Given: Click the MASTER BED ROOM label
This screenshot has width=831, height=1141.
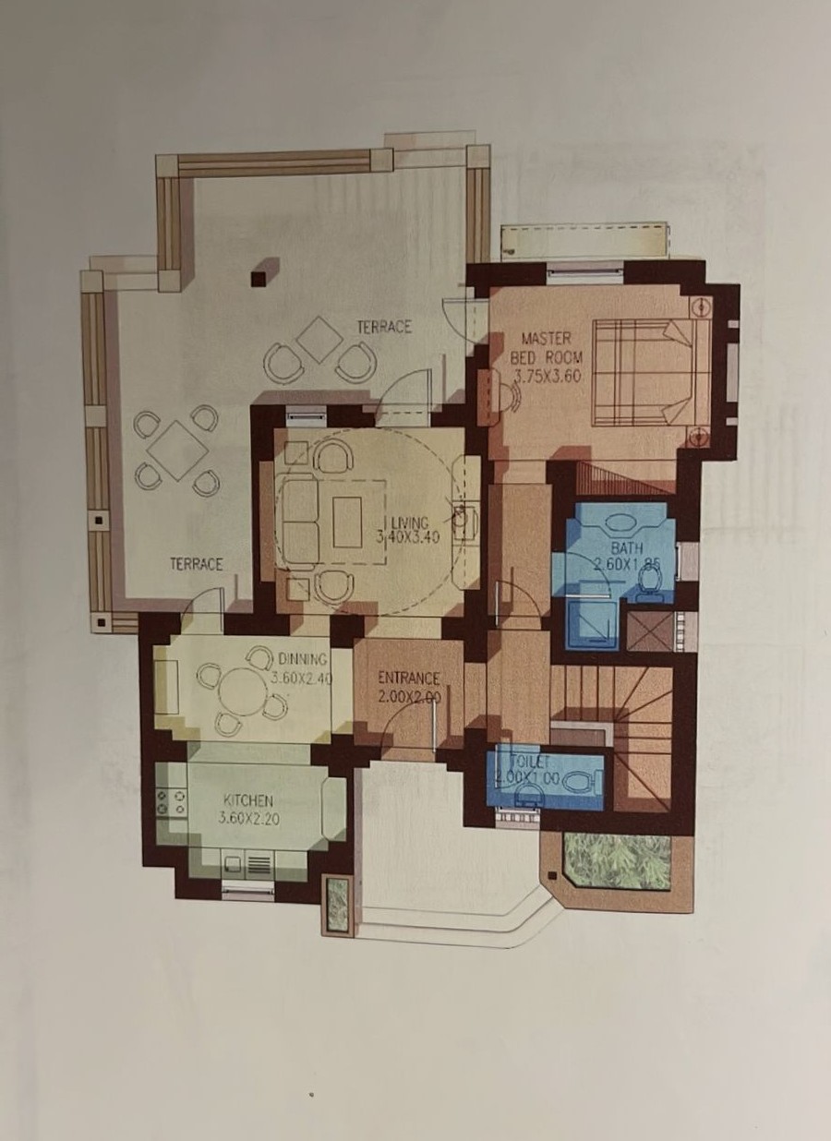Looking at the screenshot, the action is pyautogui.click(x=547, y=347).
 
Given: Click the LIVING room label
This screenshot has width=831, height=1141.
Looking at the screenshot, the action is pyautogui.click(x=410, y=522).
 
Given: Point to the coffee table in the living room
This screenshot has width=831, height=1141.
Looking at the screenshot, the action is pyautogui.click(x=347, y=522).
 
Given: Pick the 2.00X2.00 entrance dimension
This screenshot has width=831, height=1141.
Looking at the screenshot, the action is pyautogui.click(x=410, y=696).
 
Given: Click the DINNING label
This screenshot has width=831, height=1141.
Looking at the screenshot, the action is pyautogui.click(x=302, y=659).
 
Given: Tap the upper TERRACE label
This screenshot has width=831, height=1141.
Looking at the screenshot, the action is pyautogui.click(x=384, y=327).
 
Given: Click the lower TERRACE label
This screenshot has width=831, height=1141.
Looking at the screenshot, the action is pyautogui.click(x=196, y=564).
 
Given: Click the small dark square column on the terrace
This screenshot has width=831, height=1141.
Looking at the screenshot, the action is pyautogui.click(x=259, y=278).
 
